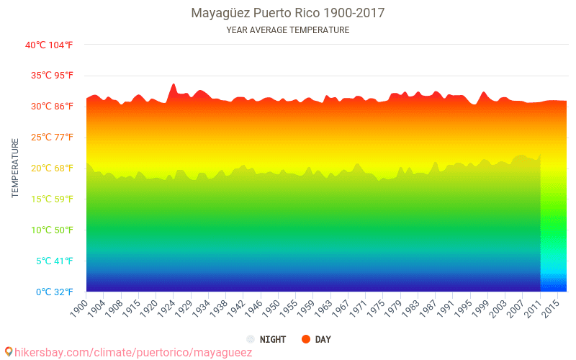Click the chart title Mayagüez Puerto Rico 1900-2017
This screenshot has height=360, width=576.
[x=288, y=13]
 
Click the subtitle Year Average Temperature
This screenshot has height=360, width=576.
[x=288, y=30]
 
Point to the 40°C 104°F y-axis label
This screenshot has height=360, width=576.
[x=49, y=45]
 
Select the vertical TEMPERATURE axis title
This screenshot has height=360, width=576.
[x=15, y=168]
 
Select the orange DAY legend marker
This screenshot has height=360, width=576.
[x=305, y=339]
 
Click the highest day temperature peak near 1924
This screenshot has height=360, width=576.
[x=173, y=84]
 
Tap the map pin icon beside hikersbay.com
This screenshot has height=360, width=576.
[x=9, y=351]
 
